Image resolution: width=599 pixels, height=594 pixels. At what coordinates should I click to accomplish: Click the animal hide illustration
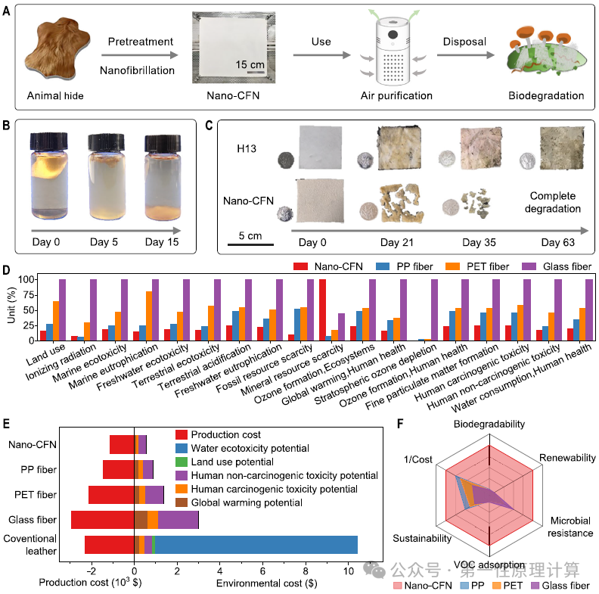57,48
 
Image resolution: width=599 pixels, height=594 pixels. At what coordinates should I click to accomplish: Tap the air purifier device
393,51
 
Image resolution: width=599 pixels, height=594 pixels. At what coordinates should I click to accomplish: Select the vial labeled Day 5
107,177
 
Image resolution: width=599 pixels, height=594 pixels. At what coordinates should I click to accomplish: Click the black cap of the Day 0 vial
49,141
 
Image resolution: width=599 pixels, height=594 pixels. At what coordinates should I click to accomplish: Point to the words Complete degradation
552,202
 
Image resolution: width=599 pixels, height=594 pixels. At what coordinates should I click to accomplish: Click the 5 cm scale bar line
250,244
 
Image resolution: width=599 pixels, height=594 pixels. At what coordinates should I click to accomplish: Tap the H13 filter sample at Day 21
399,148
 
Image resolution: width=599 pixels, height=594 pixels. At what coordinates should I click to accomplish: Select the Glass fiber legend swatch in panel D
529,266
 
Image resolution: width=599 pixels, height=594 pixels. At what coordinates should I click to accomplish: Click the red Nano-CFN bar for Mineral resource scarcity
322,309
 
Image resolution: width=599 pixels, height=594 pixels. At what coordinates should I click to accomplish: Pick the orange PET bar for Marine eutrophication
148,316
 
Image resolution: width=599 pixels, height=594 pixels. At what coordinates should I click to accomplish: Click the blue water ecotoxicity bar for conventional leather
256,545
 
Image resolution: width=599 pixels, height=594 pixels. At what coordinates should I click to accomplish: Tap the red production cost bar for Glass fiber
103,519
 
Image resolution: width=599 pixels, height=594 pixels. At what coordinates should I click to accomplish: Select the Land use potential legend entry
225,462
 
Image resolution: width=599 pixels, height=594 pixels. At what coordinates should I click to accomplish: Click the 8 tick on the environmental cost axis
306,571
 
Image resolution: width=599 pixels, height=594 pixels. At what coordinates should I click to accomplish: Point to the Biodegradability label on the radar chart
489,424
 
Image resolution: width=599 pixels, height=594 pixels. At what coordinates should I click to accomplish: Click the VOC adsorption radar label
489,564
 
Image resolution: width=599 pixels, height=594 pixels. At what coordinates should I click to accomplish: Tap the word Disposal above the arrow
464,42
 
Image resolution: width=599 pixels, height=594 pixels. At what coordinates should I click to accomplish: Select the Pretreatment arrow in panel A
140,55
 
